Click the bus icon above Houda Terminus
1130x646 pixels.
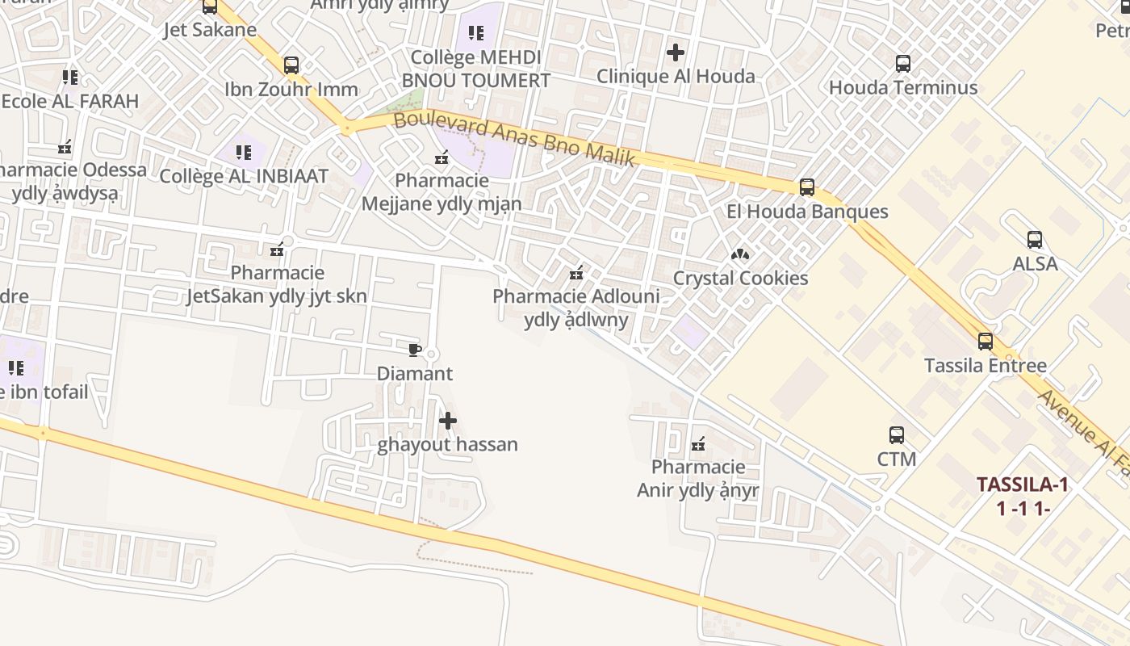pyautogui.click(x=903, y=64)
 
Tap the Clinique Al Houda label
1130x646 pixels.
pyautogui.click(x=676, y=77)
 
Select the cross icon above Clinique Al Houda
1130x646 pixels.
pyautogui.click(x=676, y=53)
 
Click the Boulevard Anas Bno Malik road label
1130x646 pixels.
pyautogui.click(x=515, y=139)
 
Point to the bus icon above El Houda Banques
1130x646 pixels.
pyautogui.click(x=806, y=187)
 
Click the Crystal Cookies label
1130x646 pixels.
pyautogui.click(x=740, y=279)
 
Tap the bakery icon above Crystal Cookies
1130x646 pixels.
pyautogui.click(x=740, y=254)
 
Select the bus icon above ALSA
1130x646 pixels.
pyautogui.click(x=1035, y=240)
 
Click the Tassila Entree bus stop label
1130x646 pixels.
pyautogui.click(x=985, y=366)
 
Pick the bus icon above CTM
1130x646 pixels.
pyautogui.click(x=896, y=435)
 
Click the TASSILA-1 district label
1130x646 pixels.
pyautogui.click(x=1023, y=485)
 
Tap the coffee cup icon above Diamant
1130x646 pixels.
pyautogui.click(x=414, y=350)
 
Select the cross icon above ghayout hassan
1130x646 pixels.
pyautogui.click(x=448, y=421)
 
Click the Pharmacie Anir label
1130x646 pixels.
pyautogui.click(x=698, y=479)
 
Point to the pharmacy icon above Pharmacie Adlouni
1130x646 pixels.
pyautogui.click(x=576, y=273)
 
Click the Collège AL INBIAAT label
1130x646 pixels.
pyautogui.click(x=244, y=177)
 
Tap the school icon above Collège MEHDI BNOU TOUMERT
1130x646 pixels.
pyautogui.click(x=476, y=33)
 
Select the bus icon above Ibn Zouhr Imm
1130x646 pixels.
pyautogui.click(x=291, y=65)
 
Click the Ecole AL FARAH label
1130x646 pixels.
pyautogui.click(x=70, y=102)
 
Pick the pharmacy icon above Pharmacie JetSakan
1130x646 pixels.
pyautogui.click(x=277, y=250)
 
